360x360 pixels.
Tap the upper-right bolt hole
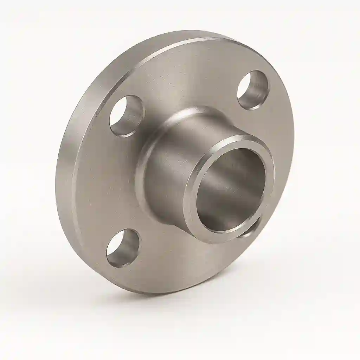pyautogui.click(x=253, y=90)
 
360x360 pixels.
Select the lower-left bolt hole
pyautogui.click(x=123, y=247)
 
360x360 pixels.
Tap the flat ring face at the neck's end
pyautogui.click(x=192, y=211)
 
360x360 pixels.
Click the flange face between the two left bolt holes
pyautogui.click(x=105, y=183)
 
